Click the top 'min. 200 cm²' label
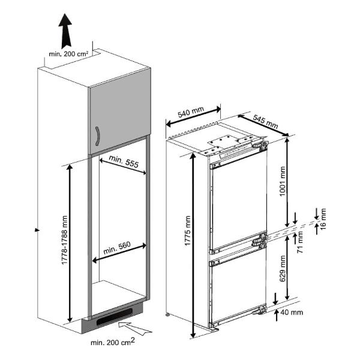(x=69, y=54)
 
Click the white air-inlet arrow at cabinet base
(x=134, y=327)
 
